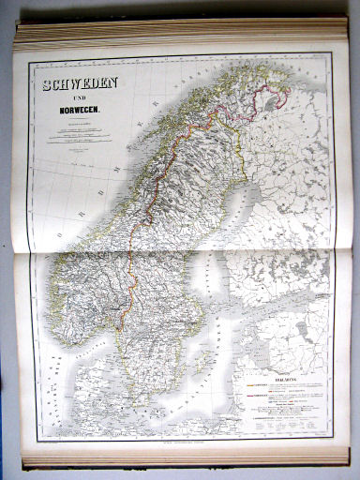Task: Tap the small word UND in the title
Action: click(x=78, y=100)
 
